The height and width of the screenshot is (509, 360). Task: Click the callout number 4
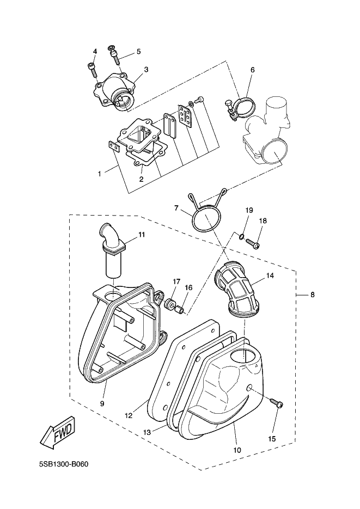[x=95, y=52]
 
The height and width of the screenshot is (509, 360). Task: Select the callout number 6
[x=253, y=70]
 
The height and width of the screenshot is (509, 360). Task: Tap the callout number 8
[x=313, y=295]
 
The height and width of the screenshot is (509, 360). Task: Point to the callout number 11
[x=141, y=235]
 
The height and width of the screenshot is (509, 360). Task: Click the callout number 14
[x=269, y=276]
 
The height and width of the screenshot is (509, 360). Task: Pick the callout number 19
[x=248, y=210]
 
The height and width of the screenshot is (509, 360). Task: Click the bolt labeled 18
[x=254, y=243]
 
